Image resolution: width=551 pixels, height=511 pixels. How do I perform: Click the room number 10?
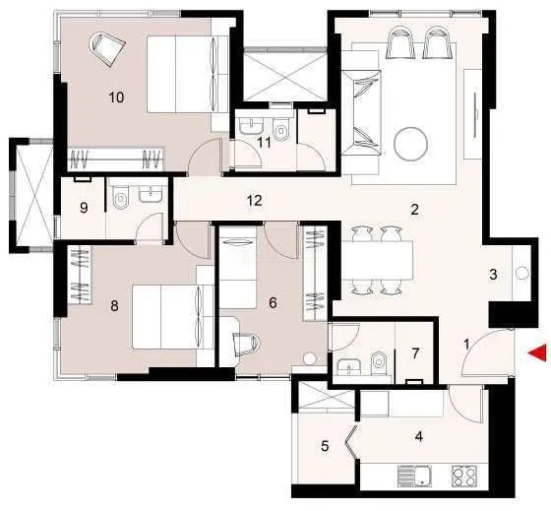[116, 96]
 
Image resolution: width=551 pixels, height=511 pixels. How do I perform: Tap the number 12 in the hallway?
[254, 201]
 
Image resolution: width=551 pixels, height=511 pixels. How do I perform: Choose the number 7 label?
[416, 352]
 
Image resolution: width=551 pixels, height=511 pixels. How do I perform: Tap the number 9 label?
[83, 208]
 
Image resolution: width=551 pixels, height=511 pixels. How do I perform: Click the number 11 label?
[264, 142]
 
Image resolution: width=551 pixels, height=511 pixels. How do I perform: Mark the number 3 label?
[493, 275]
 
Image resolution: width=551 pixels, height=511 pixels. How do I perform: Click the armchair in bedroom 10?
[105, 45]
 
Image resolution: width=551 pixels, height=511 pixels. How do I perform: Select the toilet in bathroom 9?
[121, 200]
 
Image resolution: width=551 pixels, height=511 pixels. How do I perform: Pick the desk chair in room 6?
[245, 344]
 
